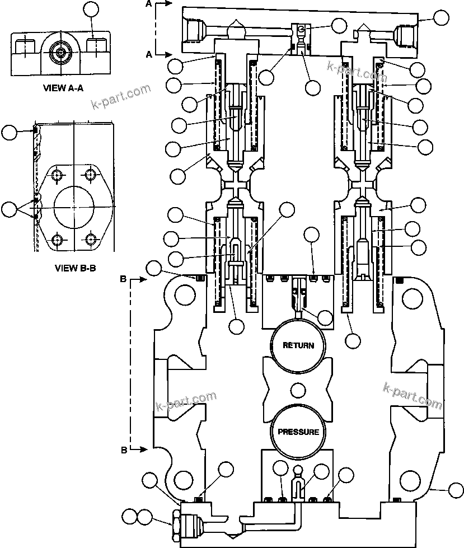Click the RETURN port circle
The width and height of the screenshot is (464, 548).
(298, 345)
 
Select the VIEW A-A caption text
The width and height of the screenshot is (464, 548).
(63, 88)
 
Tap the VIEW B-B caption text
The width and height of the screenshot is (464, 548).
(76, 268)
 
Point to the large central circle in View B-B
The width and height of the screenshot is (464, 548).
(74, 207)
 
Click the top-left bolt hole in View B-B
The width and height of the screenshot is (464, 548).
(57, 175)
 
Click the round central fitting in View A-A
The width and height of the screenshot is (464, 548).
(60, 53)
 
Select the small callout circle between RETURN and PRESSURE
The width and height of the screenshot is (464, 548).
(297, 388)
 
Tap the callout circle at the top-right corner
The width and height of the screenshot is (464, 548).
(442, 17)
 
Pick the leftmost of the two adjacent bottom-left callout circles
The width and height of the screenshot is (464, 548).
(130, 517)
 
